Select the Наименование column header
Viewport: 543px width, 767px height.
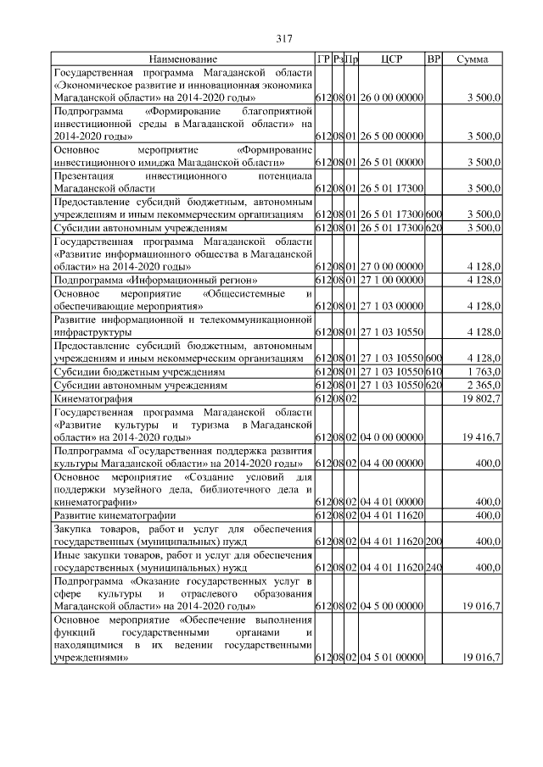click(x=183, y=60)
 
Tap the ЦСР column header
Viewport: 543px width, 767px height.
click(x=391, y=60)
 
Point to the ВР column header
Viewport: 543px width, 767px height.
click(x=433, y=60)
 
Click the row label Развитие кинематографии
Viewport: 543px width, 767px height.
click(x=115, y=514)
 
